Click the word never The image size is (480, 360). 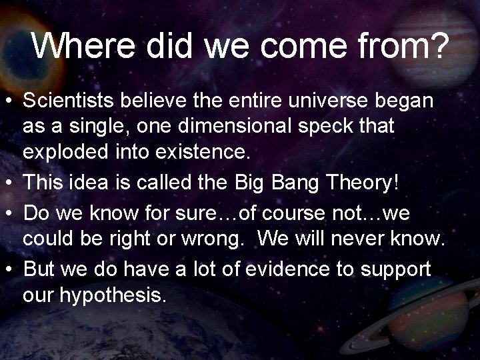[x=357, y=237]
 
